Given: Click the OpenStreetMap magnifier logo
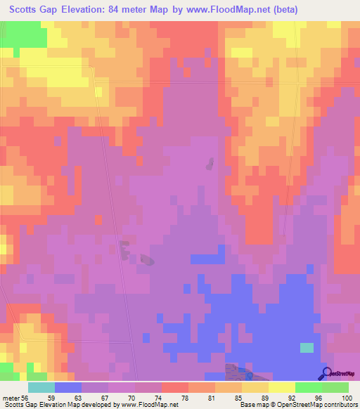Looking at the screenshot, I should click(326, 373).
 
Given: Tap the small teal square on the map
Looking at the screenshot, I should click(307, 347).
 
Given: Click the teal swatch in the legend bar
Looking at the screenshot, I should click(41, 387).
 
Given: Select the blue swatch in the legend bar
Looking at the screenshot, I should click(68, 387).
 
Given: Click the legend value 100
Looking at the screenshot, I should click(344, 397).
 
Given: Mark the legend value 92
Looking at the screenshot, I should click(292, 397).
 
